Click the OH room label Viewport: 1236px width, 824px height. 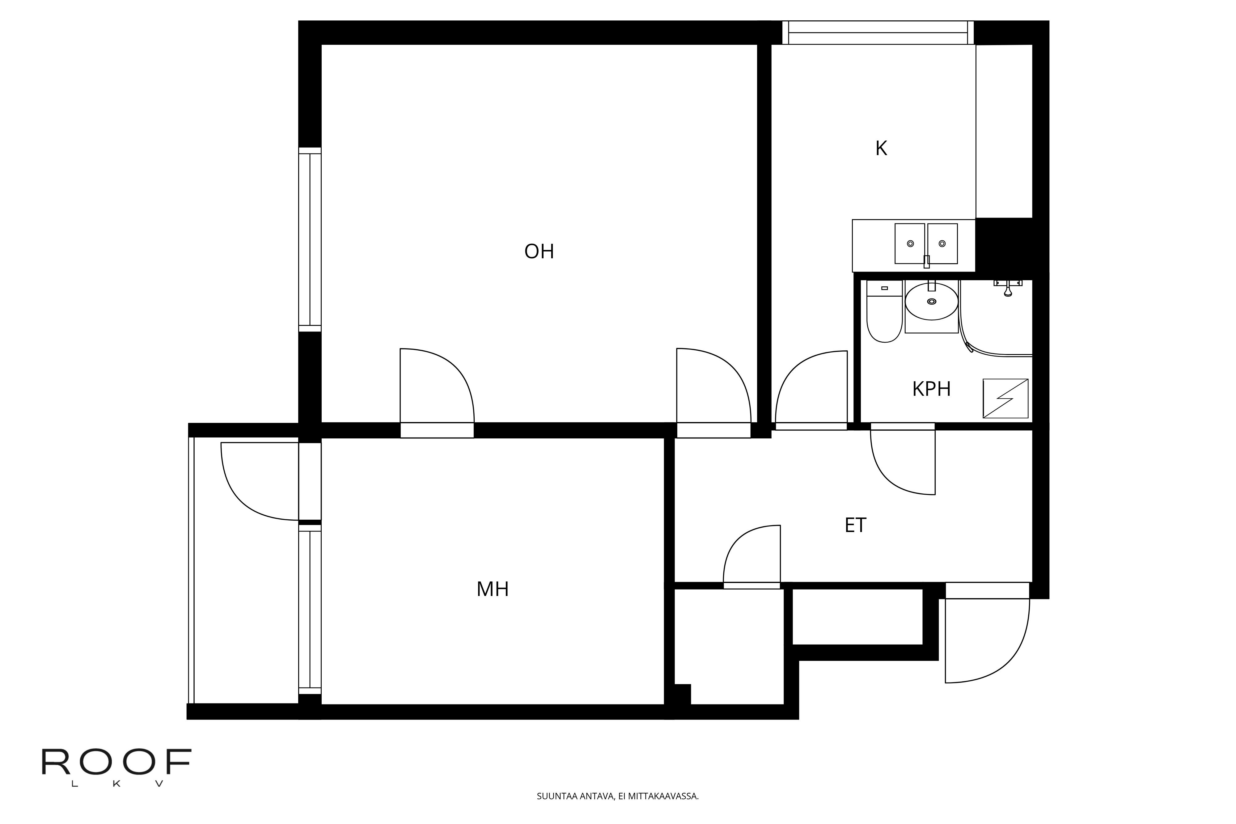coord(539,252)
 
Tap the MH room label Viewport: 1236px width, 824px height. coord(493,589)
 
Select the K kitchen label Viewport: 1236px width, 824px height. coord(881,149)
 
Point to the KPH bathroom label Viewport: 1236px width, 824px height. coord(931,389)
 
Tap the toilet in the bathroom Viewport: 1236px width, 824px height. coord(884,312)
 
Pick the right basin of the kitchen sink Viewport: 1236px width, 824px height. coord(942,244)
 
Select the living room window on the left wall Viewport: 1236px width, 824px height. coord(310,240)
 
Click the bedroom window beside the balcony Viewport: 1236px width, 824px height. coord(310,610)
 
